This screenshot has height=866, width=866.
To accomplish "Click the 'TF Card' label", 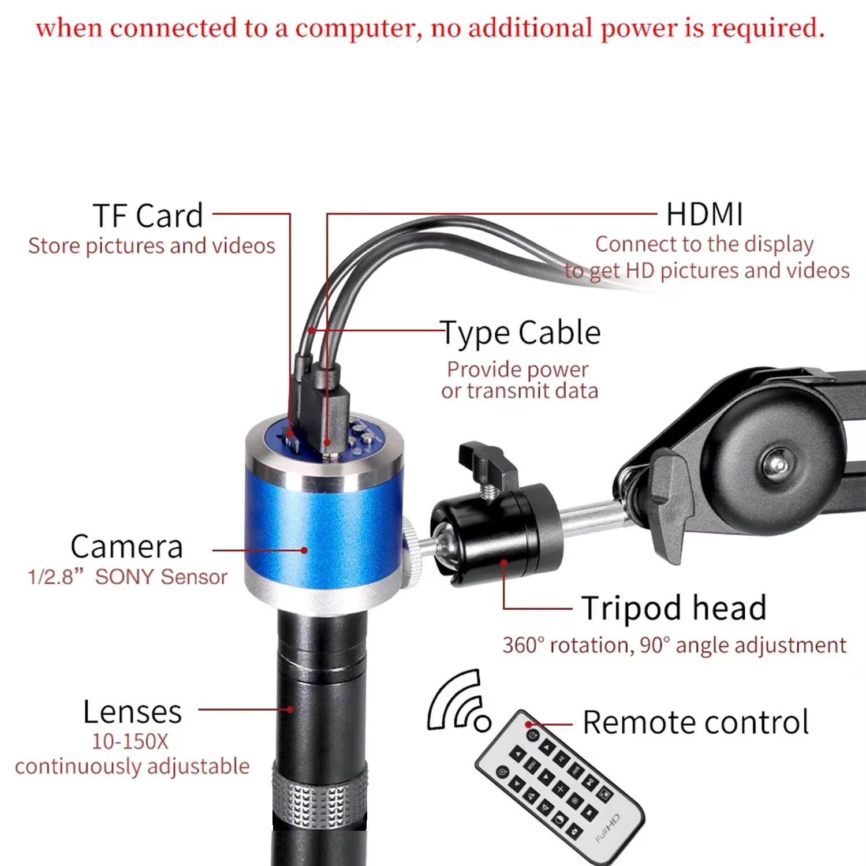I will tap(148, 216).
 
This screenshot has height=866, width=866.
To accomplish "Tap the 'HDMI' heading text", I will tap(704, 215).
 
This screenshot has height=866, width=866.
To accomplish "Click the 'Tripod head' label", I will tap(674, 608).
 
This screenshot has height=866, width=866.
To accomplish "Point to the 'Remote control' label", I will tap(695, 722).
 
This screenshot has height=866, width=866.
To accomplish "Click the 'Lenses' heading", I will tap(132, 712).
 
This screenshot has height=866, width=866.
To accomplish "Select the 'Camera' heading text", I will tap(126, 547).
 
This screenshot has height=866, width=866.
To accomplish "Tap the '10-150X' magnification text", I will tap(130, 741).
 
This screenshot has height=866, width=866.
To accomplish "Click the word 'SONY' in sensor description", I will tap(124, 577).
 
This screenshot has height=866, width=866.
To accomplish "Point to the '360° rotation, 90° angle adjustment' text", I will tap(674, 645).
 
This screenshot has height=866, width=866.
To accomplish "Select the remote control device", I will tap(557, 785).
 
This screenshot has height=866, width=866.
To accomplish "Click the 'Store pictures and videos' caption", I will tap(152, 246).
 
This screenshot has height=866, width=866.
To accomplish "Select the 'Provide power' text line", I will tap(518, 369).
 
